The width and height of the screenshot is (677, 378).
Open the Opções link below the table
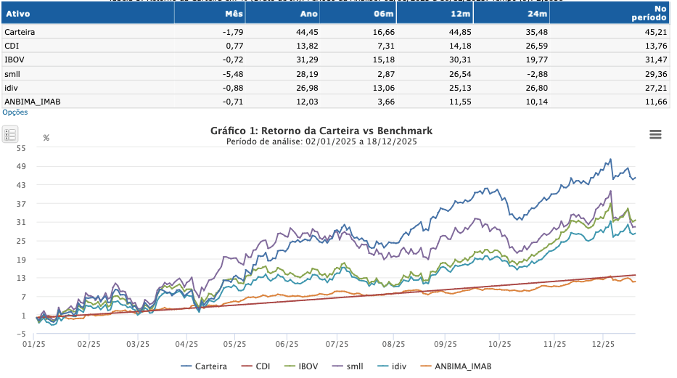[15, 112]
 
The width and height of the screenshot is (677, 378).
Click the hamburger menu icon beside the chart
[655, 134]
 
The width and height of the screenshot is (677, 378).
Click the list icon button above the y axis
[10, 134]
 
